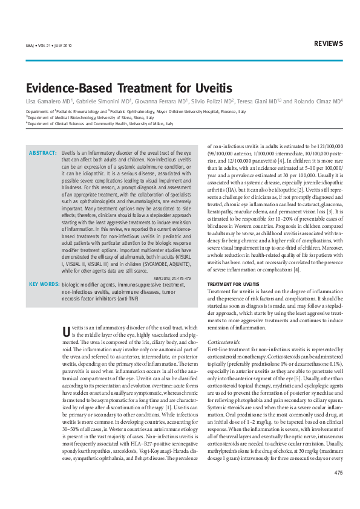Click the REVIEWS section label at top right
329,44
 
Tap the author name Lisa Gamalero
45,101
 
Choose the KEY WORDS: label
44,284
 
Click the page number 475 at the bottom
338,490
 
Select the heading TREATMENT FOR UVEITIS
233,284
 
